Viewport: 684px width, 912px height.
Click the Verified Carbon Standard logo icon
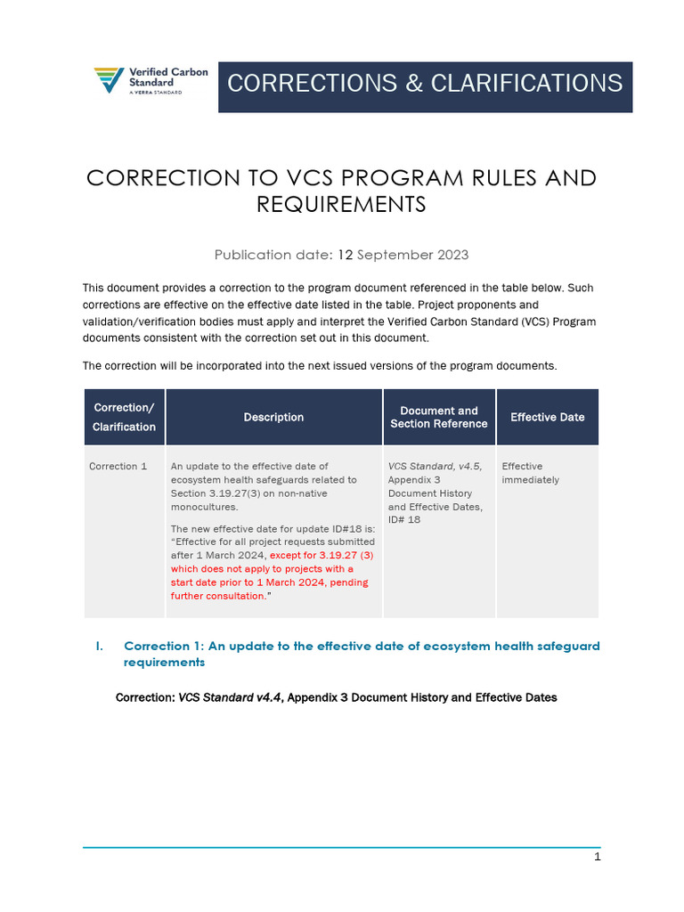click(110, 80)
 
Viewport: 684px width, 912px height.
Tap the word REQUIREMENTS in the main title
click(341, 205)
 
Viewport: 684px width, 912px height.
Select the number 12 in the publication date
click(346, 255)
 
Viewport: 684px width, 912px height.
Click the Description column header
click(273, 417)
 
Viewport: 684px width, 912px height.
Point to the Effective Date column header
click(547, 417)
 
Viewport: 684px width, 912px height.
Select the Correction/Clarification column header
click(124, 417)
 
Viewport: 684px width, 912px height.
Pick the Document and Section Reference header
click(439, 417)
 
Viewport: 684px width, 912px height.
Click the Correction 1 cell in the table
click(118, 466)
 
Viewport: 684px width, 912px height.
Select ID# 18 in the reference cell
click(404, 519)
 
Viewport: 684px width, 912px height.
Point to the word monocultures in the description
click(204, 507)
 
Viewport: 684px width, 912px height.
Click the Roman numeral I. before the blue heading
click(100, 646)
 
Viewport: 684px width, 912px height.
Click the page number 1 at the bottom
click(598, 857)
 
